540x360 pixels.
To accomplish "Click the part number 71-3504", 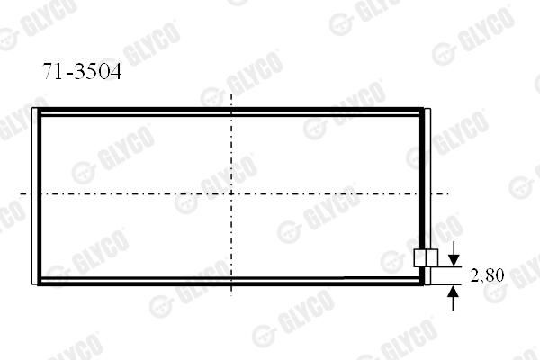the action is (82, 71).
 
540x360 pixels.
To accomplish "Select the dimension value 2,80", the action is (487, 274).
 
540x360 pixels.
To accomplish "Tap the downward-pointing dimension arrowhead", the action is (454, 260).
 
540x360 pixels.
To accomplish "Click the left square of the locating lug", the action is (419, 258).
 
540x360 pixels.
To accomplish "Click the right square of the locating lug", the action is (432, 258).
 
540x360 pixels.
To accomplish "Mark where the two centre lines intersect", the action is (231, 194).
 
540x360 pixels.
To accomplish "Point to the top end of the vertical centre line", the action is (231, 94).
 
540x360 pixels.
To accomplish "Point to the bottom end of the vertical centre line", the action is (231, 295).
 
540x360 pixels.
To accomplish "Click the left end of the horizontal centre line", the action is (21, 194).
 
